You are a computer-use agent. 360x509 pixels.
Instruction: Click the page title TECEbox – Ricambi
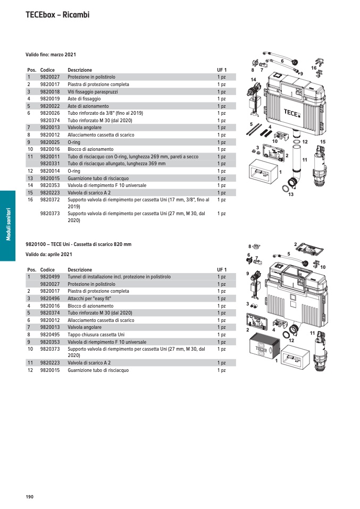pos(57,15)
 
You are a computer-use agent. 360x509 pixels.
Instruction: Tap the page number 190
pos(30,496)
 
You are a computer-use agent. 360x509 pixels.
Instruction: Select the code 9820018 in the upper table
pos(50,91)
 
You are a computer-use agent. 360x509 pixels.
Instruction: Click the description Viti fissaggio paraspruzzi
pos(93,91)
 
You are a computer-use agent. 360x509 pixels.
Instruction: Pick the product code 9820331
pos(50,164)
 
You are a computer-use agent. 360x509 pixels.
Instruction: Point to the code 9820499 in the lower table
pos(50,277)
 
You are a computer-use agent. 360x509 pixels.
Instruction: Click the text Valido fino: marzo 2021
pos(51,55)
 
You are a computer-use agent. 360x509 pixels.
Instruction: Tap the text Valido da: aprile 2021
pos(49,254)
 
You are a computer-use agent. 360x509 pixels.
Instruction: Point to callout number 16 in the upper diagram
pos(314,68)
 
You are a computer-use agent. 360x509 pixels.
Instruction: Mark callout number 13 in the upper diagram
pos(291,195)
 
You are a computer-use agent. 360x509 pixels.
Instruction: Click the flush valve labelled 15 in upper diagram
pos(321,165)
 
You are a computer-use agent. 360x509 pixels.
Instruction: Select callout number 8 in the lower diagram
pos(250,247)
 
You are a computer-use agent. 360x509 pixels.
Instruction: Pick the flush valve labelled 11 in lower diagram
pos(320,351)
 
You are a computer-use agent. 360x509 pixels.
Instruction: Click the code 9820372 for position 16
pos(50,200)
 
